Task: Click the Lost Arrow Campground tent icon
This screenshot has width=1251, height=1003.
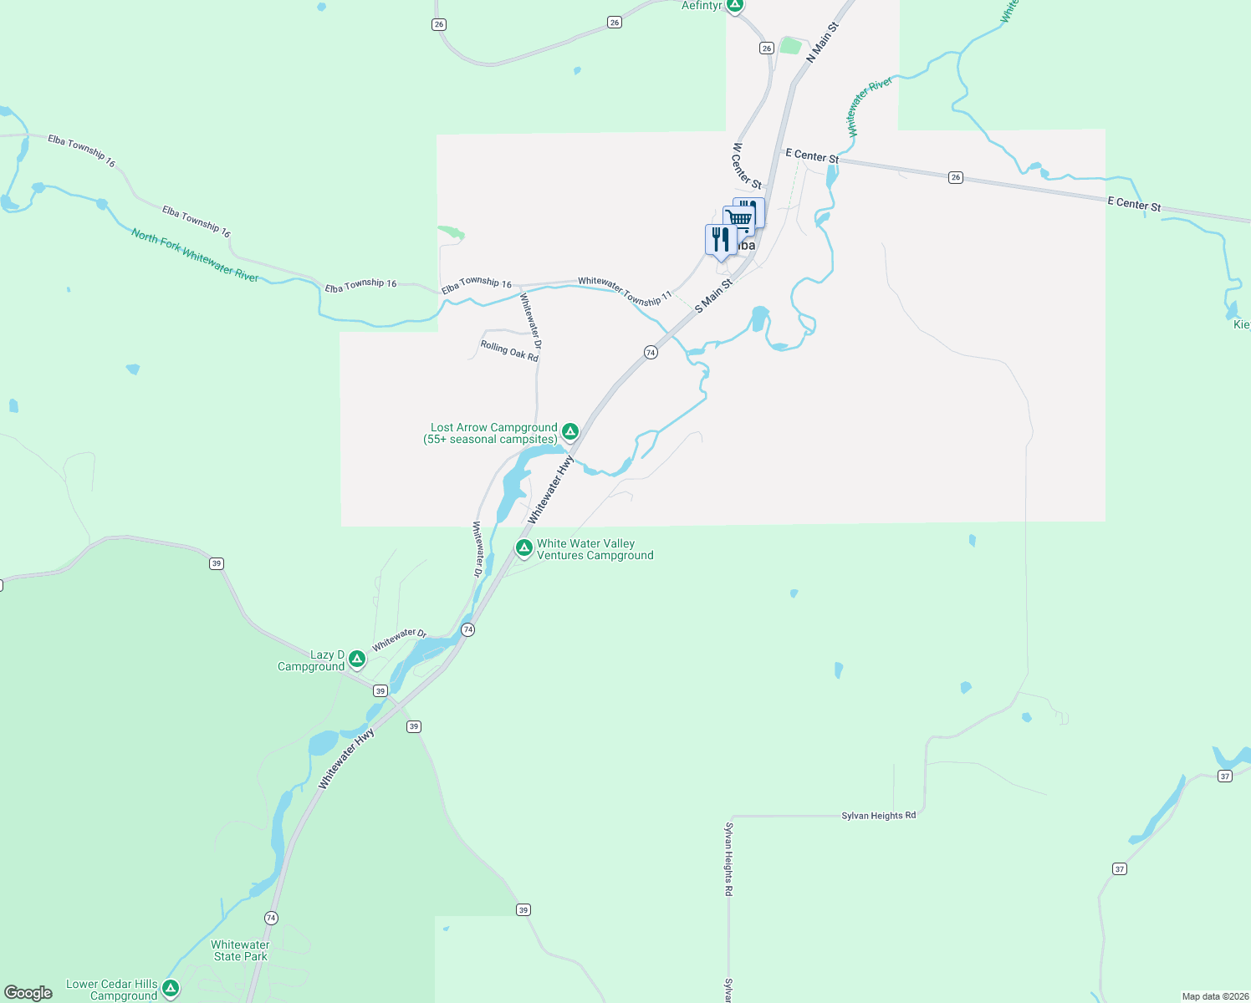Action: [x=569, y=431]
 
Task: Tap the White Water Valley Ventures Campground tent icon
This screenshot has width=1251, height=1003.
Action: [x=523, y=548]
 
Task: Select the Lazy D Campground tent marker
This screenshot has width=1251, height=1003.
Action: [x=357, y=659]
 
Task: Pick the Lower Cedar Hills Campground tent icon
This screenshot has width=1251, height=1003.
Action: [x=171, y=988]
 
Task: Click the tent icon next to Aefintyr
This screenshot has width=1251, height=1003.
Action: [x=734, y=6]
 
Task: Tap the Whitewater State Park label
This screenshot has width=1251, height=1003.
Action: [x=240, y=950]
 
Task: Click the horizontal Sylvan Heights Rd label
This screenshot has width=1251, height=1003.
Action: [x=878, y=815]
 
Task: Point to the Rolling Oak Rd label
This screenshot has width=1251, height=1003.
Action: [x=509, y=351]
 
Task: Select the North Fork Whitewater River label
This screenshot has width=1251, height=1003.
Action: [x=195, y=255]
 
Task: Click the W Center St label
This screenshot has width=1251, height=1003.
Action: [x=747, y=165]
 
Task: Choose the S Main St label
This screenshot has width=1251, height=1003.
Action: [x=713, y=296]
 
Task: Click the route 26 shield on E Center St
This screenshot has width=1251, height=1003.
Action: [x=956, y=177]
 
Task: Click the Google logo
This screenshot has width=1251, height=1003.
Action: [x=28, y=993]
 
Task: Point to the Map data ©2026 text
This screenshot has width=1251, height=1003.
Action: [x=1215, y=996]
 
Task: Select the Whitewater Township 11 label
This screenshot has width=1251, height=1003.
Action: [x=625, y=291]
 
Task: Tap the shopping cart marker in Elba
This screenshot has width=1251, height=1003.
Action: [x=739, y=219]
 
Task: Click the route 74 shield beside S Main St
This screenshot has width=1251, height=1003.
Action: [x=651, y=353]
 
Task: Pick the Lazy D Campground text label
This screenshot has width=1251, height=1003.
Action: [x=311, y=660]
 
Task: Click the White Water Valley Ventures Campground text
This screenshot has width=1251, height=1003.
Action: [x=595, y=549]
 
